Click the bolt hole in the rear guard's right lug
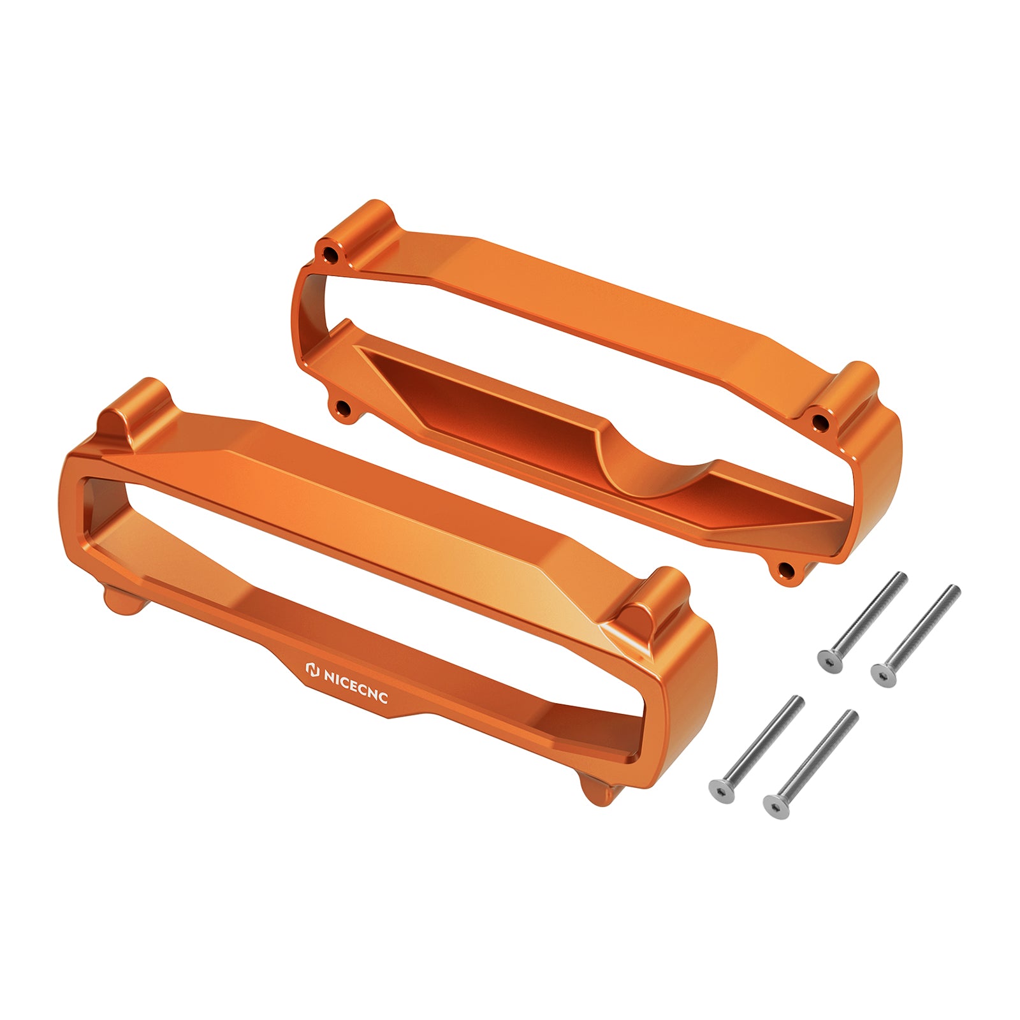(821, 421)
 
